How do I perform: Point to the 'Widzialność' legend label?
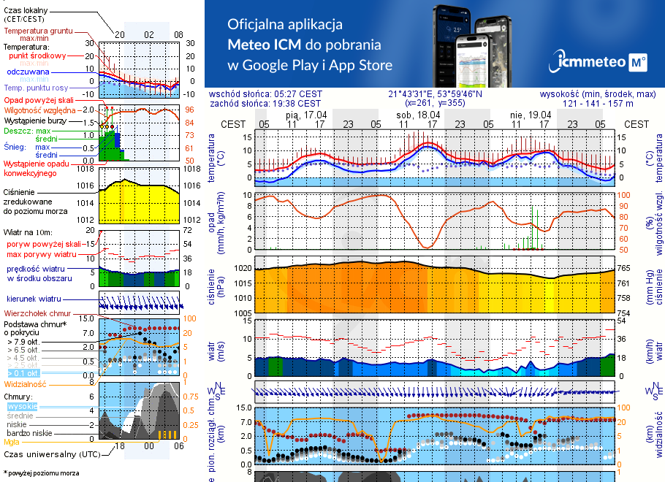click(x=26, y=383)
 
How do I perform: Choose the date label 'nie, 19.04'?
click(x=531, y=115)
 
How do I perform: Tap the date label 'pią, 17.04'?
click(x=306, y=115)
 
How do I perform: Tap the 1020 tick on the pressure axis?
click(x=242, y=269)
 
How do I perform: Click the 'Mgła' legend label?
click(x=12, y=442)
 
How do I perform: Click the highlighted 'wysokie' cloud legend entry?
click(x=22, y=406)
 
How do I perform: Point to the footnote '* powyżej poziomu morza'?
click(x=42, y=473)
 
